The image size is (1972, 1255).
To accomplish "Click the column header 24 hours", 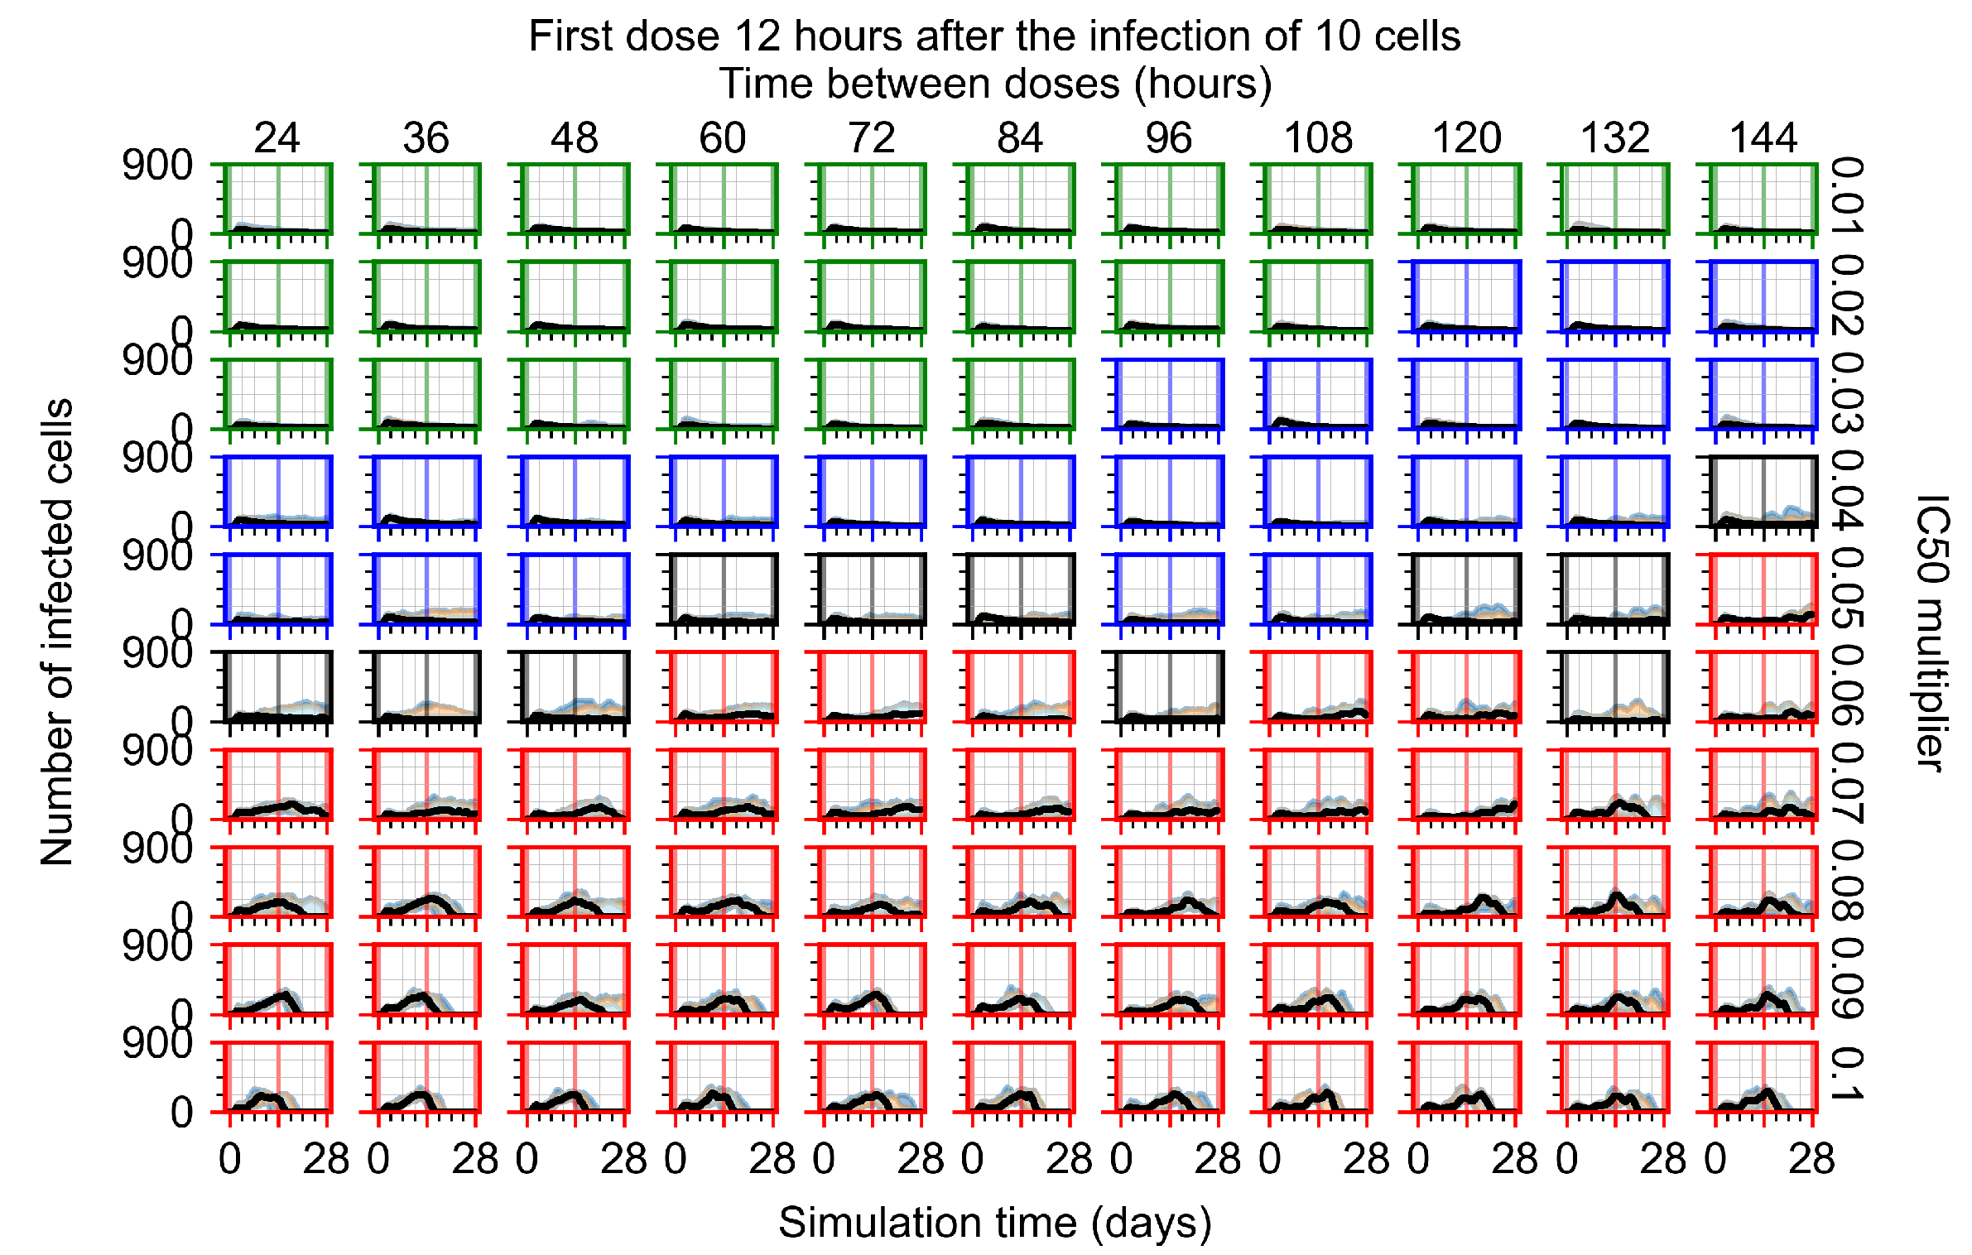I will (277, 137).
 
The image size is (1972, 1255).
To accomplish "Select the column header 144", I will (1763, 137).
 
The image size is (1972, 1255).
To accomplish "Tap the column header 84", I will (1020, 137).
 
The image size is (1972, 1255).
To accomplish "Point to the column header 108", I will (1318, 137).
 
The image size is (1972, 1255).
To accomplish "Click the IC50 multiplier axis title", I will (1932, 633).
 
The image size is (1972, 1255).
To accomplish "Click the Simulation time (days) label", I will (995, 1223).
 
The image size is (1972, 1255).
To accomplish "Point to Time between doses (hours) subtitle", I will (995, 84).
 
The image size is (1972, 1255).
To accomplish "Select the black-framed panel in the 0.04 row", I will (1763, 491).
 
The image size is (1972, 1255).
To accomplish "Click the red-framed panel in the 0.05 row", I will (1763, 589).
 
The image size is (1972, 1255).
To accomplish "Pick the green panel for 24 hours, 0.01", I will (278, 199).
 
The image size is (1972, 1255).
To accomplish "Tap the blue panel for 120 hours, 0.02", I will (1466, 296).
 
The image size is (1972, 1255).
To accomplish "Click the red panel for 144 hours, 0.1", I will (1763, 1076).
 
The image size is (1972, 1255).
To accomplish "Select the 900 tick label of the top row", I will (157, 166).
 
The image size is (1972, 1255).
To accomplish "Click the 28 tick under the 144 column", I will (1811, 1159).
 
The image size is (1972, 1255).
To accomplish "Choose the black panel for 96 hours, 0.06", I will (1169, 686).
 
